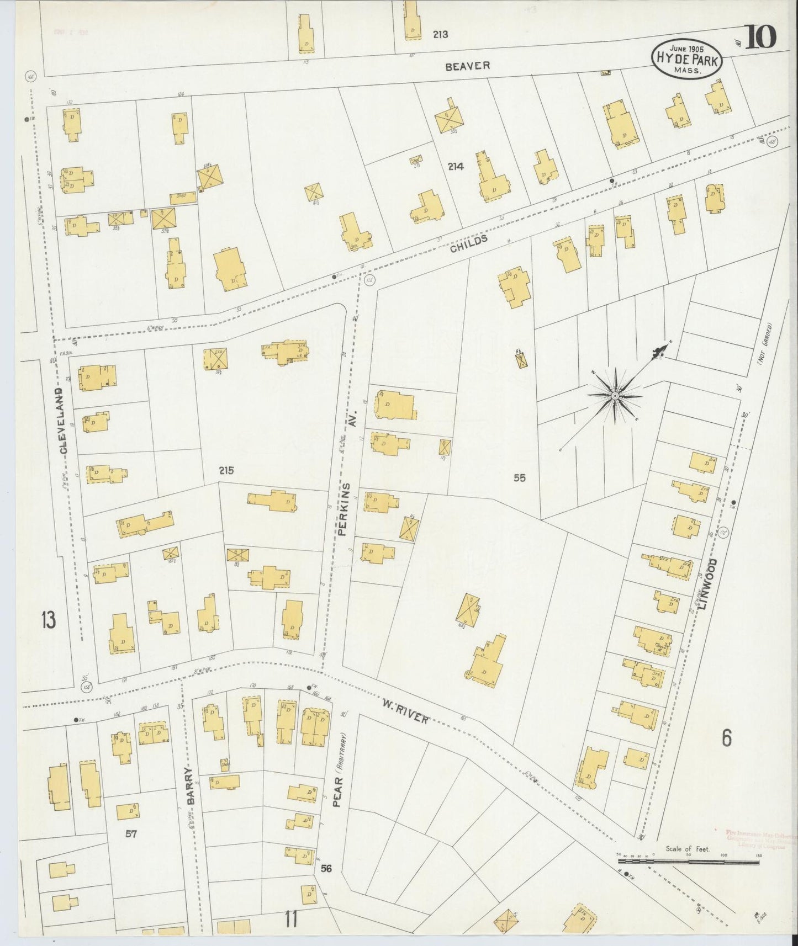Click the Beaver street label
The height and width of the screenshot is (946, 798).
468,66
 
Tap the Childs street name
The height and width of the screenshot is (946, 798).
469,243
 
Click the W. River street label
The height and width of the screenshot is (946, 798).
405,711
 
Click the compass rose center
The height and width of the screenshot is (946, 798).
614,396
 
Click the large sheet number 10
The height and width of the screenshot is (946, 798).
762,37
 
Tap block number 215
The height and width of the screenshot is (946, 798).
226,470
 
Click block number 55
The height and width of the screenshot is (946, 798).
519,478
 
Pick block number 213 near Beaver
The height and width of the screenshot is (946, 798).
440,34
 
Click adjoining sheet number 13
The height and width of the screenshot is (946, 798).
48,620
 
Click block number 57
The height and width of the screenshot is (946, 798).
130,833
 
